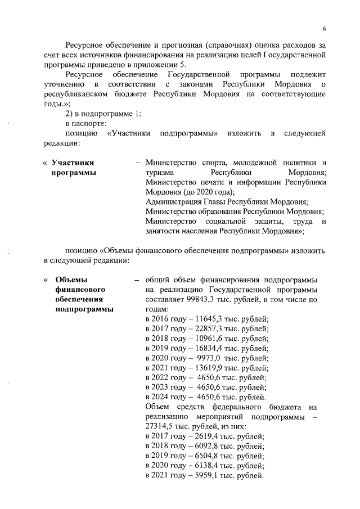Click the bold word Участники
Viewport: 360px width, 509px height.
73,162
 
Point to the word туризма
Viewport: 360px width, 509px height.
160,172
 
